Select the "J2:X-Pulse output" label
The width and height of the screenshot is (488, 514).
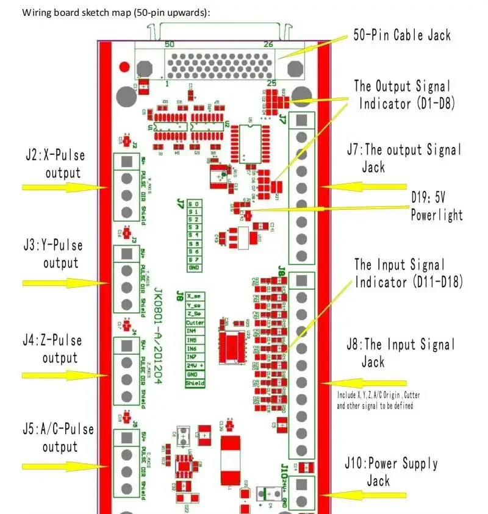coord(54,164)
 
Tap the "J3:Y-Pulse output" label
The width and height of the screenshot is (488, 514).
coord(53,254)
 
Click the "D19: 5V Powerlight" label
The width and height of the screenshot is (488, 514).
coord(436,206)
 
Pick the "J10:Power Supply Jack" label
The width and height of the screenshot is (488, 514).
coord(402,472)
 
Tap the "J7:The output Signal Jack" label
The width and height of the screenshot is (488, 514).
coord(412,157)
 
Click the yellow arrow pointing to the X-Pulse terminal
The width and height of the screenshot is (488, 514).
coord(61,187)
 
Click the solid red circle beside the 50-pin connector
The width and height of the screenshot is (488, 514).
coord(125,66)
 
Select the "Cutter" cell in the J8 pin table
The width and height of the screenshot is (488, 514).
coord(195,323)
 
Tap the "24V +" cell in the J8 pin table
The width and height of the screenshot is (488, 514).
coord(195,365)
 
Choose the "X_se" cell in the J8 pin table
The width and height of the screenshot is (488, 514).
coord(195,297)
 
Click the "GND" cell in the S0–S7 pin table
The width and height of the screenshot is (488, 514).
coord(194,268)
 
